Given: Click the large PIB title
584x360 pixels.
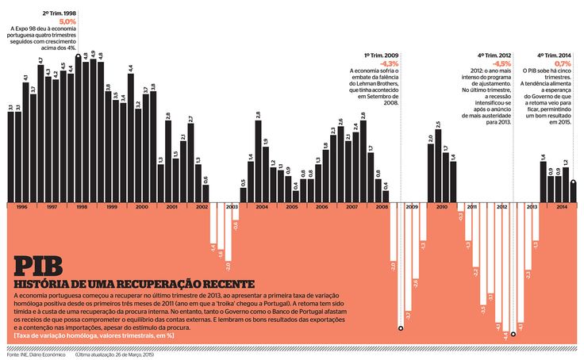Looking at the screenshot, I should [x=38, y=266].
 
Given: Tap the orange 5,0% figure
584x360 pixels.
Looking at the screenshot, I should [x=68, y=21].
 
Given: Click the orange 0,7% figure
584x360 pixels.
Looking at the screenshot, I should [x=563, y=62].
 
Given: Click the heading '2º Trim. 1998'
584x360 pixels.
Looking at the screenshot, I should [x=60, y=13].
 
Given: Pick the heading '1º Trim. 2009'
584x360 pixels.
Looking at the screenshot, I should [x=382, y=55].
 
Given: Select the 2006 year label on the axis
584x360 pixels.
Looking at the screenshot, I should [x=321, y=206].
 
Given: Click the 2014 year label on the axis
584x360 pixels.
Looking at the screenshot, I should [x=561, y=206].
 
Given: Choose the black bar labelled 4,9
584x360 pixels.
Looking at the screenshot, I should [x=93, y=131].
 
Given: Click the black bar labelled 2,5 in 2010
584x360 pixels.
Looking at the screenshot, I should [x=438, y=167].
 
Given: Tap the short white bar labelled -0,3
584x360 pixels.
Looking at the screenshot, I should [x=460, y=207].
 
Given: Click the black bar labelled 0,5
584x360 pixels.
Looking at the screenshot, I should [x=243, y=194].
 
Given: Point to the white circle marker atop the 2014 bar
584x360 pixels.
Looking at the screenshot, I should [x=573, y=182].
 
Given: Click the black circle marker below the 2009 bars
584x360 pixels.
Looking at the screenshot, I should [x=401, y=327].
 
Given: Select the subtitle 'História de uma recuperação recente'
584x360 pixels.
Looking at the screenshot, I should [x=135, y=284].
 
